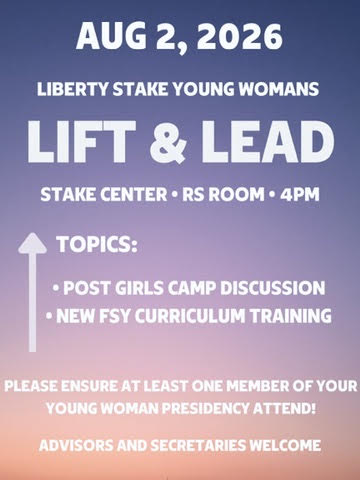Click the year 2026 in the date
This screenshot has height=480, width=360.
tap(240, 36)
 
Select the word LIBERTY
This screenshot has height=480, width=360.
tap(73, 89)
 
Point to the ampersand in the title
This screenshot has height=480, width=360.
tap(168, 142)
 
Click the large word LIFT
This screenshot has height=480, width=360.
tap(82, 142)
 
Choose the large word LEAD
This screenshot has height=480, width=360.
tap(268, 142)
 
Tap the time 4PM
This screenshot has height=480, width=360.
tap(299, 195)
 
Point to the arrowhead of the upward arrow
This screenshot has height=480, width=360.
tap(32, 243)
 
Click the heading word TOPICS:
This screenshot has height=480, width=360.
tap(97, 244)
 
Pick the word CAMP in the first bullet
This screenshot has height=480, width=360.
tap(192, 288)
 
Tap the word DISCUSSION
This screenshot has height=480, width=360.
tap(273, 288)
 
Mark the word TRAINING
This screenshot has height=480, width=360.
tap(291, 316)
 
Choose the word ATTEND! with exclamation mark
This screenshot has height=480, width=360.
tap(284, 408)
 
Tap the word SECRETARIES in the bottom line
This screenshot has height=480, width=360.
tap(198, 445)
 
